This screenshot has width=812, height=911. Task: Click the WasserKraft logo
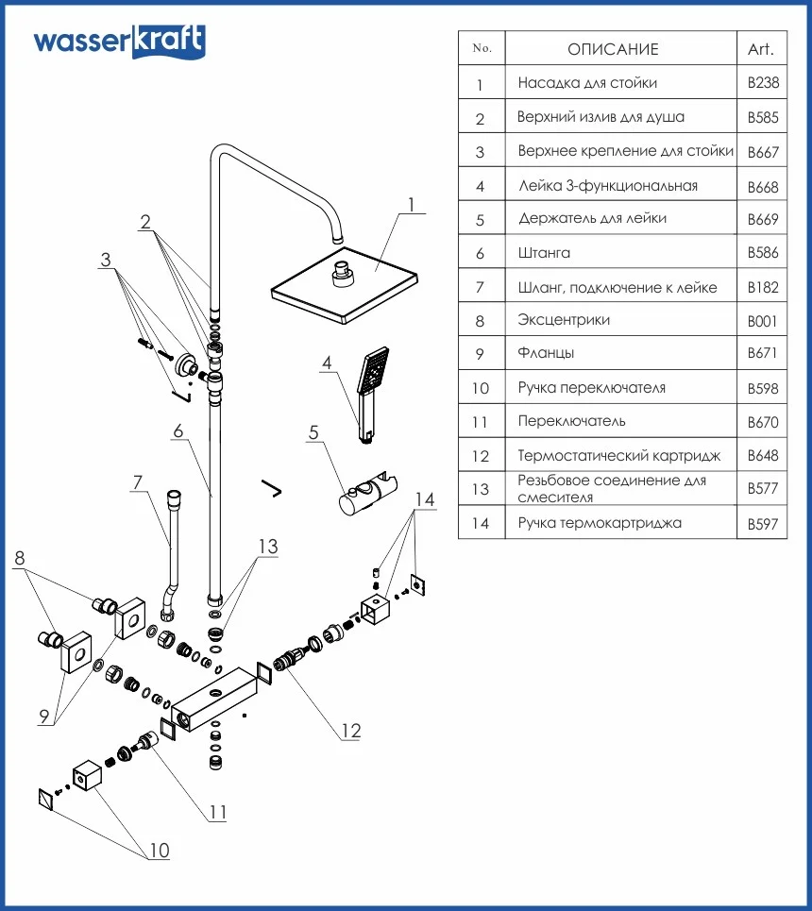[119, 42]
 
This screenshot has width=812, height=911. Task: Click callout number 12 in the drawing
[350, 730]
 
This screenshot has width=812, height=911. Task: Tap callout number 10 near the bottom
[159, 851]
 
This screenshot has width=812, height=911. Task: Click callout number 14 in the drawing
[425, 499]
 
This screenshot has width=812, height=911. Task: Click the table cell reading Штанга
[545, 252]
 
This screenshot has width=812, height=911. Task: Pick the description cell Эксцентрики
[564, 320]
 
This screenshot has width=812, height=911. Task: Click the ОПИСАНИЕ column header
[613, 49]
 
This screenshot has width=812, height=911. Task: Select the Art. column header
[761, 49]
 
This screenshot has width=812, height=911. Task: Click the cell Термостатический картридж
[618, 456]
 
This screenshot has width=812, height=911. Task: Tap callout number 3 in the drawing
[106, 260]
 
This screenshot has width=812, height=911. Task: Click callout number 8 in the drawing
[19, 558]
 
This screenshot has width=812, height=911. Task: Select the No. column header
[482, 48]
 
